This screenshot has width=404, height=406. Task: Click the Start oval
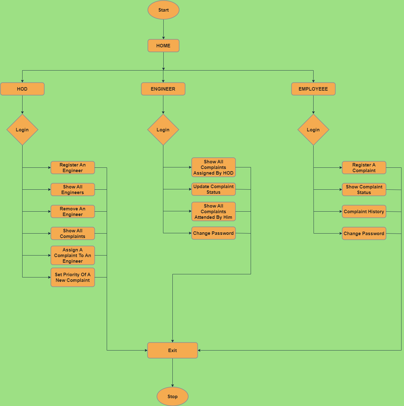(x=163, y=10)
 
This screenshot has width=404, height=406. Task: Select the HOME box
(x=163, y=46)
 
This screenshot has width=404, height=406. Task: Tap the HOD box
(x=22, y=89)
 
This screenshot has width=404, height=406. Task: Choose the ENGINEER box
(x=163, y=89)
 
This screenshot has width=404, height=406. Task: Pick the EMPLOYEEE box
(x=313, y=89)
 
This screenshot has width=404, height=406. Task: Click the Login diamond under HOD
(x=22, y=130)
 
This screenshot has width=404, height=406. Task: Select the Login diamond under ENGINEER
(x=163, y=130)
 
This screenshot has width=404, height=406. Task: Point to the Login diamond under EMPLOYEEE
(x=313, y=130)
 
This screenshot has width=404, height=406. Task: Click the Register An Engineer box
(x=73, y=168)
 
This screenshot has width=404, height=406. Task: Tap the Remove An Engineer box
(x=73, y=212)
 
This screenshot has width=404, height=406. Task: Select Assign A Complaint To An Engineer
(x=73, y=256)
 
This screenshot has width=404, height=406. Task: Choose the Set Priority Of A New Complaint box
(x=73, y=277)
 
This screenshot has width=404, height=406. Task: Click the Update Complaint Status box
(x=213, y=189)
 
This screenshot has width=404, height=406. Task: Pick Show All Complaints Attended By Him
(x=213, y=212)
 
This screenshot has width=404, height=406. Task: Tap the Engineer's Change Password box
(x=213, y=233)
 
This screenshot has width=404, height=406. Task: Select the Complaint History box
(x=364, y=212)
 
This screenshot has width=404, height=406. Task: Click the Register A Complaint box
(x=364, y=168)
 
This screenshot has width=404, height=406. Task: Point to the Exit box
(x=172, y=351)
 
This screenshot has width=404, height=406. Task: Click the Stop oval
(x=172, y=397)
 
